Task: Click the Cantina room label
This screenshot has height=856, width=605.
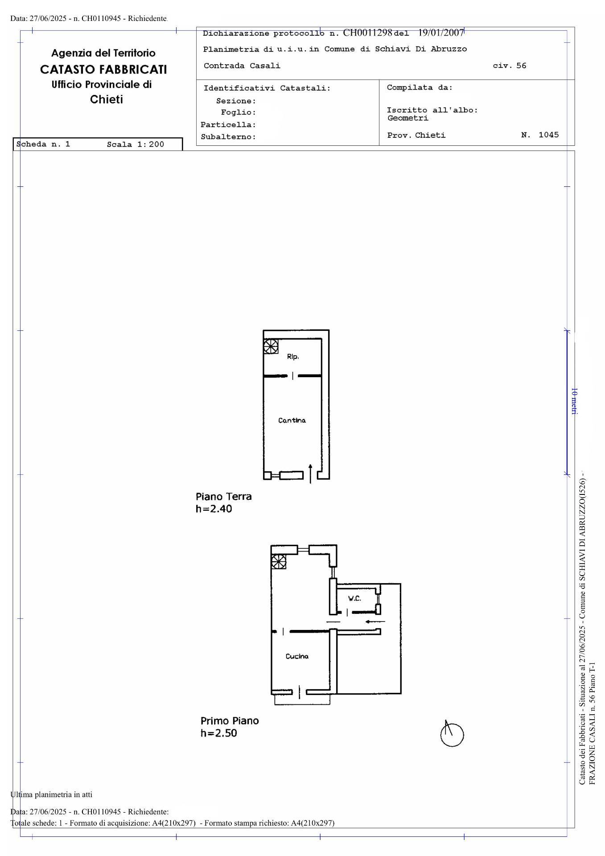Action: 292,420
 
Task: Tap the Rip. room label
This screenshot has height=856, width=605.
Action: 293,357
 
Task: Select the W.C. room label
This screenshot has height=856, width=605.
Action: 354,598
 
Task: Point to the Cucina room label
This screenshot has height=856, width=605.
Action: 297,656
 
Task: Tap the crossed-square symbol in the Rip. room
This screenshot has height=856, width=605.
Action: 271,346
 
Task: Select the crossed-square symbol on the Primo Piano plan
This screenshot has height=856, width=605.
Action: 279,562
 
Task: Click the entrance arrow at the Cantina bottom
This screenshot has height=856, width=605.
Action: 310,474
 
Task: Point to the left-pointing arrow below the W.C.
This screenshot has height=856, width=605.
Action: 375,621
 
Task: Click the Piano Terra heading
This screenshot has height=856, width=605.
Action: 224,496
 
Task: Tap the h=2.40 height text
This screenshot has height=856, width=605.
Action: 214,509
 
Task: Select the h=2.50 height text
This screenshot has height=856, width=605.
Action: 219,733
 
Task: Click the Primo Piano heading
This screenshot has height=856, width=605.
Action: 230,720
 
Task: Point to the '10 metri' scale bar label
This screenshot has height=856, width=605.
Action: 575,401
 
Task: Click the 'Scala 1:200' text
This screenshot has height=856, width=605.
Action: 136,144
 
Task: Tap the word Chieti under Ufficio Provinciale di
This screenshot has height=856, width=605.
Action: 107,99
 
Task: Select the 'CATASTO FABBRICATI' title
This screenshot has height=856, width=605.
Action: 103,69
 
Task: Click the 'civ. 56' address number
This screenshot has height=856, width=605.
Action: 510,66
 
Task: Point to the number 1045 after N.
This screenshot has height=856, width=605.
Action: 549,135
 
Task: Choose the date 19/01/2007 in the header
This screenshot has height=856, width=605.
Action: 441,33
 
